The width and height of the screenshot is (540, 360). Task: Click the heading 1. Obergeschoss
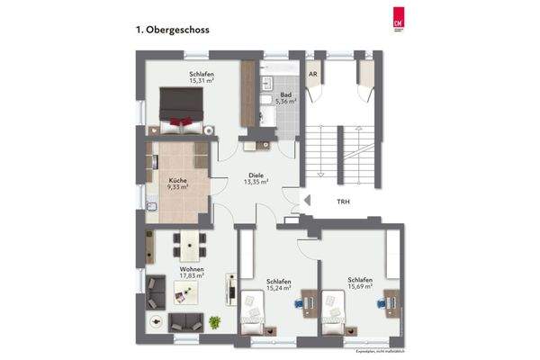(172, 30)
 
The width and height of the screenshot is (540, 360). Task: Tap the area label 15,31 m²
(202, 80)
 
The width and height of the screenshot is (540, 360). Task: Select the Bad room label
(285, 94)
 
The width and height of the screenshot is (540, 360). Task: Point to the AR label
(313, 75)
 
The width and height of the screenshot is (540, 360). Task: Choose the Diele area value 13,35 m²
(257, 182)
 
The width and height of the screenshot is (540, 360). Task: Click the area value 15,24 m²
(277, 290)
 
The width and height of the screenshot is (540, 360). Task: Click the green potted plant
(214, 321)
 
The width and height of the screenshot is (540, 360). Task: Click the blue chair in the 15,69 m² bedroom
(381, 303)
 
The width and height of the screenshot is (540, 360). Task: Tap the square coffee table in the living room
(182, 290)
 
